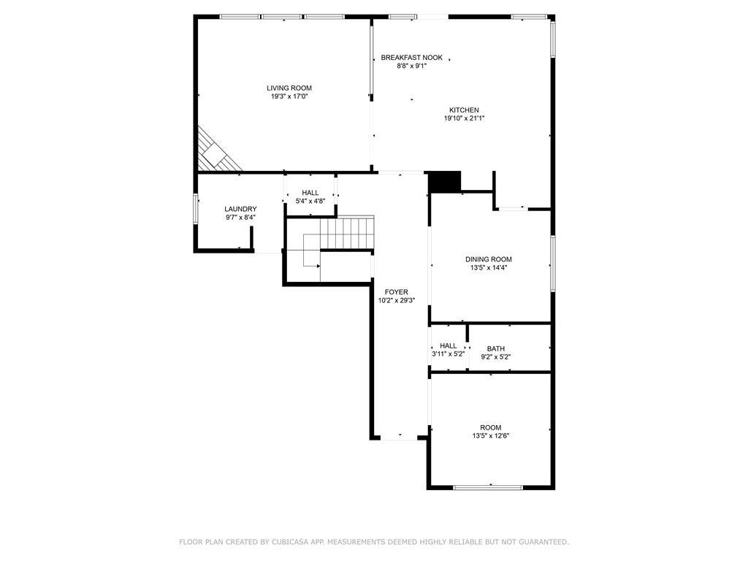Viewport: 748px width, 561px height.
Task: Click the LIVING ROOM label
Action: click(289, 88)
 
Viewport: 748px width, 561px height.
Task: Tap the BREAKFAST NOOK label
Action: click(412, 58)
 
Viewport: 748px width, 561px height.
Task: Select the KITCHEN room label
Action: click(464, 110)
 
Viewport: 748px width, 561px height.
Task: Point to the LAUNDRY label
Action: click(240, 209)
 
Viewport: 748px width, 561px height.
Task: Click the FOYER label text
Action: click(397, 292)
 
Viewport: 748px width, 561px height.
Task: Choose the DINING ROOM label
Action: click(489, 259)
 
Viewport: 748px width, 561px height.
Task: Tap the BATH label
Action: click(496, 348)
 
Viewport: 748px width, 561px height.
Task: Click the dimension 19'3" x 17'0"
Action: click(289, 96)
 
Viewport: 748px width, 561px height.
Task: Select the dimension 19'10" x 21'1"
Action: click(464, 118)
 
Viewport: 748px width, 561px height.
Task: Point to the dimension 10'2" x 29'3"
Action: click(397, 300)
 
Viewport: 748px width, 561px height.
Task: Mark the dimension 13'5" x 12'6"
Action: click(491, 435)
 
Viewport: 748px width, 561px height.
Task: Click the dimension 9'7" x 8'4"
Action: click(240, 218)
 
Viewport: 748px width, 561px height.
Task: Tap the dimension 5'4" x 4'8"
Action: click(310, 202)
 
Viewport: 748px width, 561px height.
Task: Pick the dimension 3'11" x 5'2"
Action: click(448, 354)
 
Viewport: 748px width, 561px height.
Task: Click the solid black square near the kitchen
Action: click(445, 182)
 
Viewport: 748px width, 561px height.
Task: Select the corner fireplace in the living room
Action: click(216, 152)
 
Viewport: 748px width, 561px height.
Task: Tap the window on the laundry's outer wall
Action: click(196, 208)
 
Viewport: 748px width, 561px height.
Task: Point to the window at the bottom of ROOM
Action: click(487, 487)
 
